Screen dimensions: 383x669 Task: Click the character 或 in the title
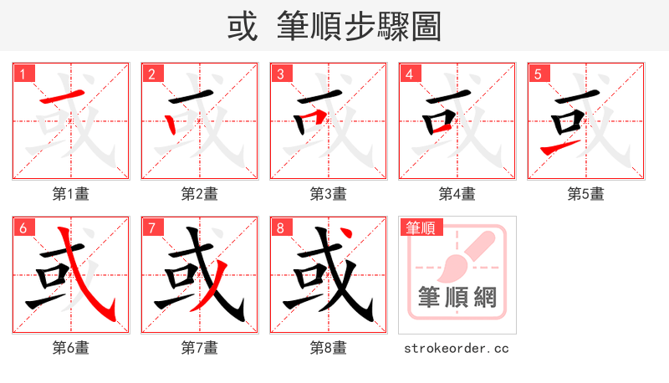click(243, 27)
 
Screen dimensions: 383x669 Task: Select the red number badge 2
click(151, 74)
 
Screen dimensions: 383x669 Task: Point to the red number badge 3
click(280, 74)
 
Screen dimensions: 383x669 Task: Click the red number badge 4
click(409, 74)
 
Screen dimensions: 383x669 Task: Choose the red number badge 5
click(538, 74)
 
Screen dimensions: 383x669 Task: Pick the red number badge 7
click(151, 227)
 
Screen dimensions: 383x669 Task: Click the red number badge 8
click(280, 227)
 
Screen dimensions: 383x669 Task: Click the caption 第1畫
click(71, 194)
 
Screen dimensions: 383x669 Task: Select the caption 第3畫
click(329, 194)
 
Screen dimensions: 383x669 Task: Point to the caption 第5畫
click(586, 194)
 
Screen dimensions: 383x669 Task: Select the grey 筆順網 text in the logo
click(457, 298)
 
